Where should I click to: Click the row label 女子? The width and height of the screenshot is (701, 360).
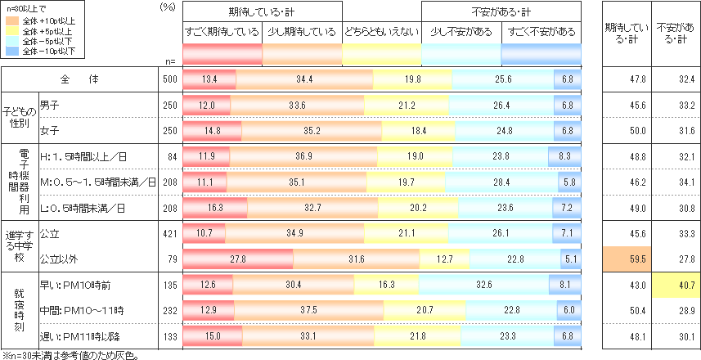click(x=50, y=130)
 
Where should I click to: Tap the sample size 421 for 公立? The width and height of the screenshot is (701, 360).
click(x=170, y=232)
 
